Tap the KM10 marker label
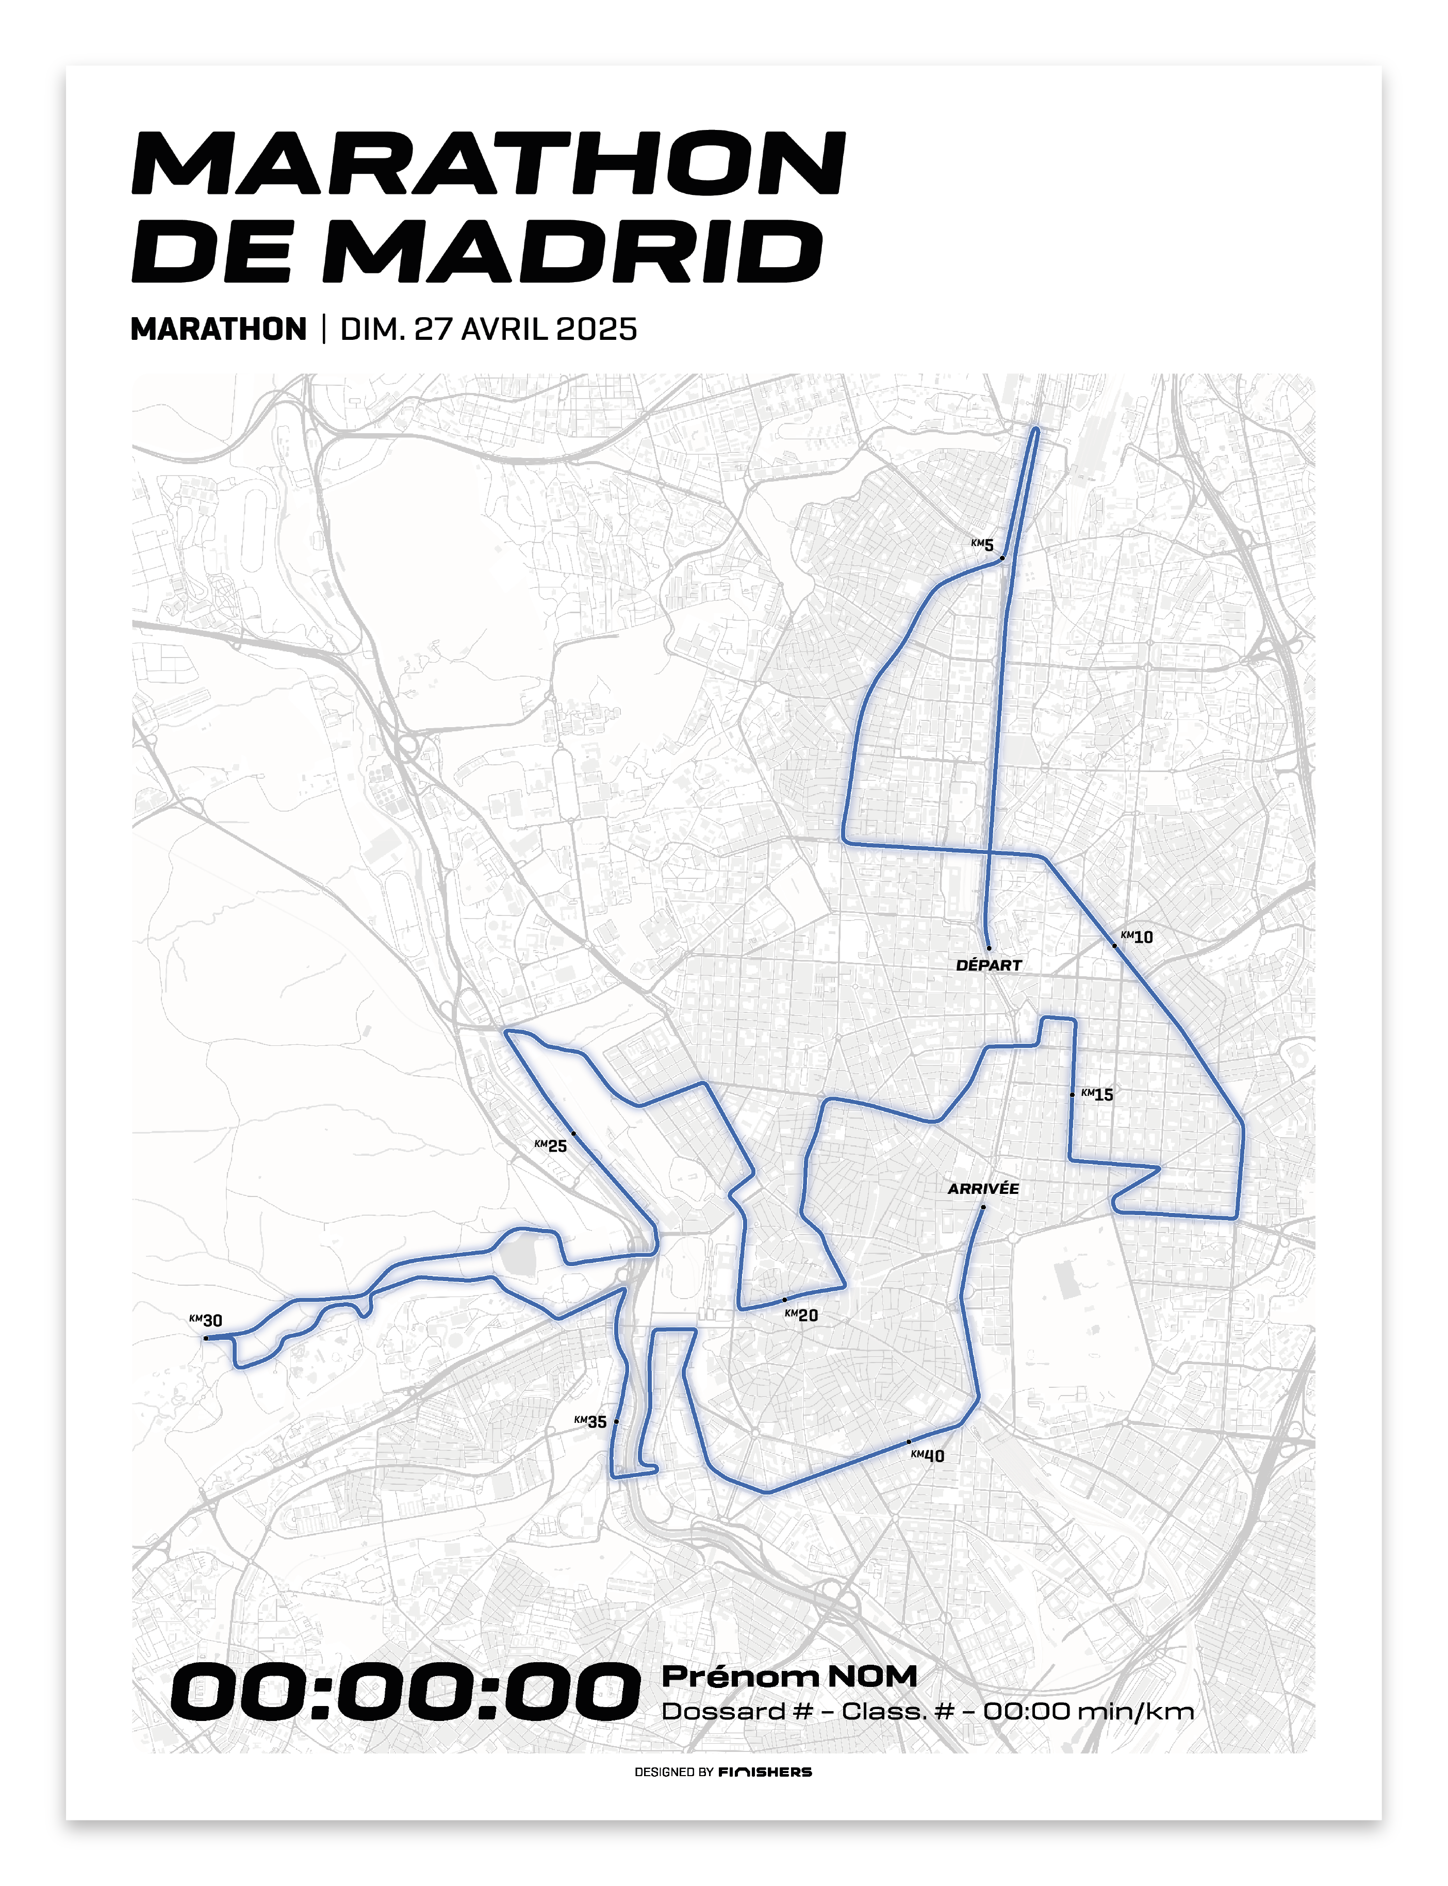pyautogui.click(x=1137, y=937)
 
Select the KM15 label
pyautogui.click(x=1097, y=1095)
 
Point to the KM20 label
pyautogui.click(x=801, y=1316)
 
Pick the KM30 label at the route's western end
pyautogui.click(x=206, y=1321)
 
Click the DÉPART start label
pyautogui.click(x=989, y=965)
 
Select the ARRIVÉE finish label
pyautogui.click(x=983, y=1189)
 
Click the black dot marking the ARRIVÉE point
pyautogui.click(x=982, y=1207)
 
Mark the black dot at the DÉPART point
pyautogui.click(x=989, y=948)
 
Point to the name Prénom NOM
pyautogui.click(x=788, y=1676)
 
